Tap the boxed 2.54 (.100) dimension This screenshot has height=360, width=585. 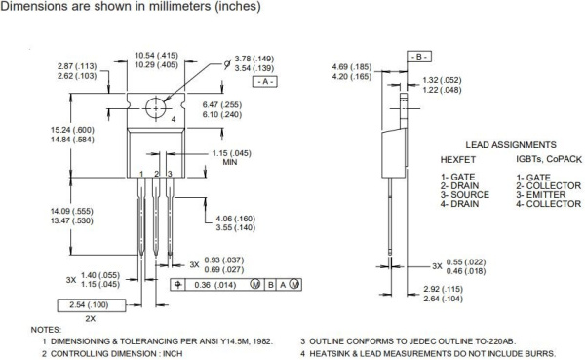(x=90, y=305)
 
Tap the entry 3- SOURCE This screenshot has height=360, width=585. (x=464, y=195)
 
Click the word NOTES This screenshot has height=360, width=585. (x=46, y=330)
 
